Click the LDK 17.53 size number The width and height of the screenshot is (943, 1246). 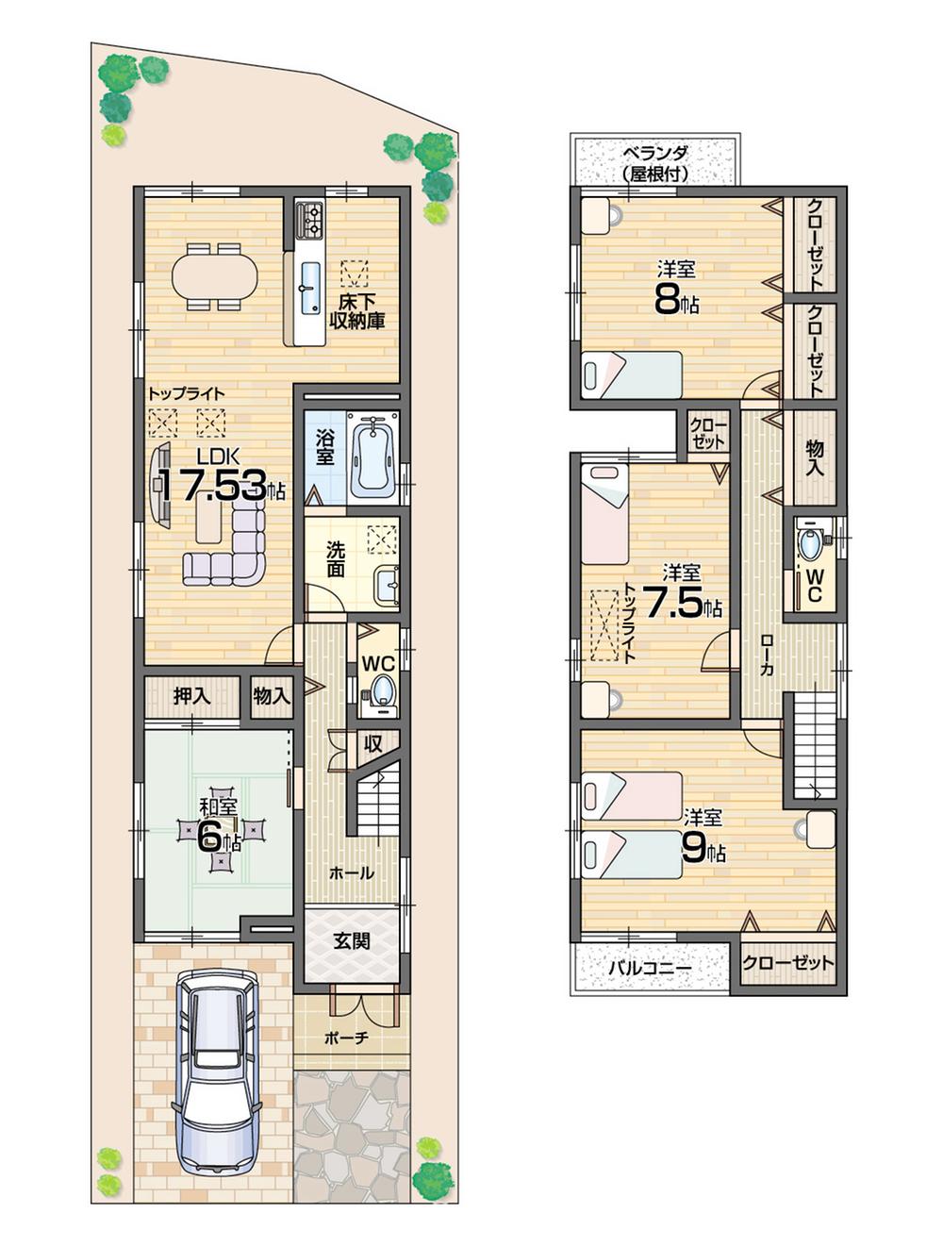[x=211, y=486]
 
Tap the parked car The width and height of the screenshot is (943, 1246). [x=216, y=1071]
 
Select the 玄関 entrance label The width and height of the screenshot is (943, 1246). [x=351, y=940]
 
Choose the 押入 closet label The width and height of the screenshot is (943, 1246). [x=191, y=697]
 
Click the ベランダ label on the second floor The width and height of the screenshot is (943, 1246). [x=654, y=162]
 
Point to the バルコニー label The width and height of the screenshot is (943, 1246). [x=650, y=967]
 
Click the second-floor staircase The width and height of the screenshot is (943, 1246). [x=814, y=745]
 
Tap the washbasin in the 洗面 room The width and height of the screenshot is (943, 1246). [x=387, y=586]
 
